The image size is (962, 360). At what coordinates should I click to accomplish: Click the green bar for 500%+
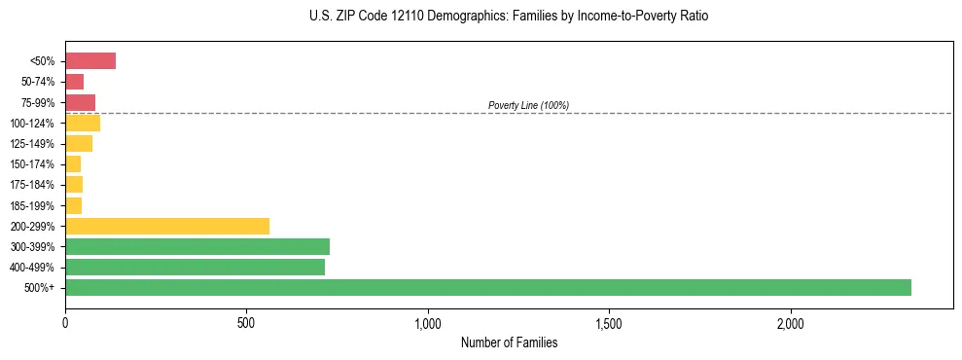pyautogui.click(x=487, y=287)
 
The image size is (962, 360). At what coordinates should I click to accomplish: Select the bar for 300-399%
pyautogui.click(x=197, y=246)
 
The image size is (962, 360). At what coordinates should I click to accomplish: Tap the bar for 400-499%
pyautogui.click(x=195, y=267)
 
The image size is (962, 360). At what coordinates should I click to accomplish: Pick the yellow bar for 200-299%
pyautogui.click(x=167, y=226)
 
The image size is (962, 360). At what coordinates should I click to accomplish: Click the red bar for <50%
pyautogui.click(x=90, y=61)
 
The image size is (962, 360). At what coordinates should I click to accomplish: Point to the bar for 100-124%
pyautogui.click(x=83, y=123)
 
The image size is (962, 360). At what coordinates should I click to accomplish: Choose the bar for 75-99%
pyautogui.click(x=80, y=102)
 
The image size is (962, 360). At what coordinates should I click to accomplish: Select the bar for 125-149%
pyautogui.click(x=79, y=144)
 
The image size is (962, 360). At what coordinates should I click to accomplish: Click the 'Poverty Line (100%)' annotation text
pyautogui.click(x=528, y=105)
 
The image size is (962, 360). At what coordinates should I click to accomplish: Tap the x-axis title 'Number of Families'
pyautogui.click(x=509, y=342)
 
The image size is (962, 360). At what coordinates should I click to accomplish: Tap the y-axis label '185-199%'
pyautogui.click(x=34, y=205)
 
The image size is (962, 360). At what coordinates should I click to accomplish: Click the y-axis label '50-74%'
pyautogui.click(x=38, y=82)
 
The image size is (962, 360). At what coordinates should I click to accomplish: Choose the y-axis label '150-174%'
pyautogui.click(x=34, y=164)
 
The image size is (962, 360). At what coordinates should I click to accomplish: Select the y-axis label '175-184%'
pyautogui.click(x=34, y=185)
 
